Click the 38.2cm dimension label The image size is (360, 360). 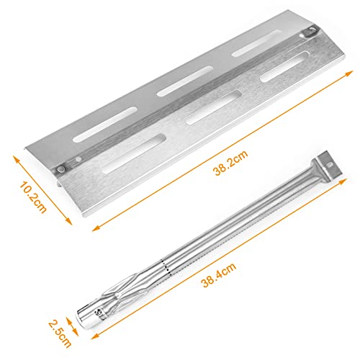pyautogui.click(x=230, y=163)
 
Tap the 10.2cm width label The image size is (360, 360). pyautogui.click(x=33, y=197)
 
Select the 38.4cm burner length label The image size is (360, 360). pyautogui.click(x=218, y=275)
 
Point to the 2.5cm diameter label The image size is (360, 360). pyautogui.click(x=60, y=333)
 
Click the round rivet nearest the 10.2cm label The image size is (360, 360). pyautogui.click(x=61, y=168)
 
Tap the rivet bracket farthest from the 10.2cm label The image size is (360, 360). pyautogui.click(x=310, y=32)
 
